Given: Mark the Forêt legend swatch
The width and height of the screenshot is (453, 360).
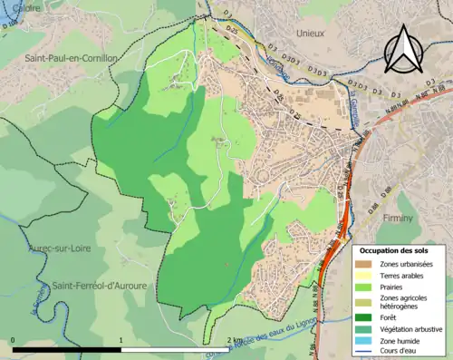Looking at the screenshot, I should click(x=367, y=316).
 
